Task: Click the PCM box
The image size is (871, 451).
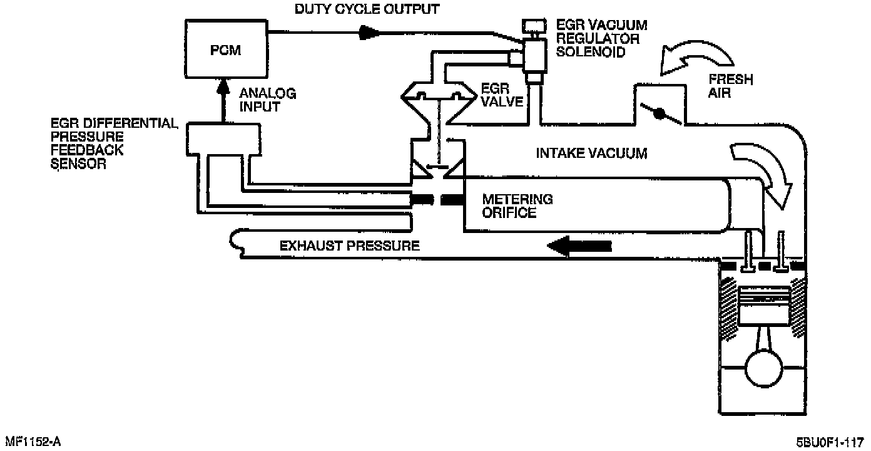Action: [x=226, y=49]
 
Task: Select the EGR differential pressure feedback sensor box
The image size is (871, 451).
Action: [x=223, y=138]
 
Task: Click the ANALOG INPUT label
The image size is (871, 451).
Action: [x=268, y=100]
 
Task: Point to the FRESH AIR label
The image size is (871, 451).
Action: [x=730, y=86]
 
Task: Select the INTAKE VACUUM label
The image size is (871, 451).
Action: [x=591, y=153]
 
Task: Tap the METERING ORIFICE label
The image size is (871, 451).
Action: [x=517, y=206]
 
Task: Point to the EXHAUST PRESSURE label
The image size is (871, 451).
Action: [x=349, y=246]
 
